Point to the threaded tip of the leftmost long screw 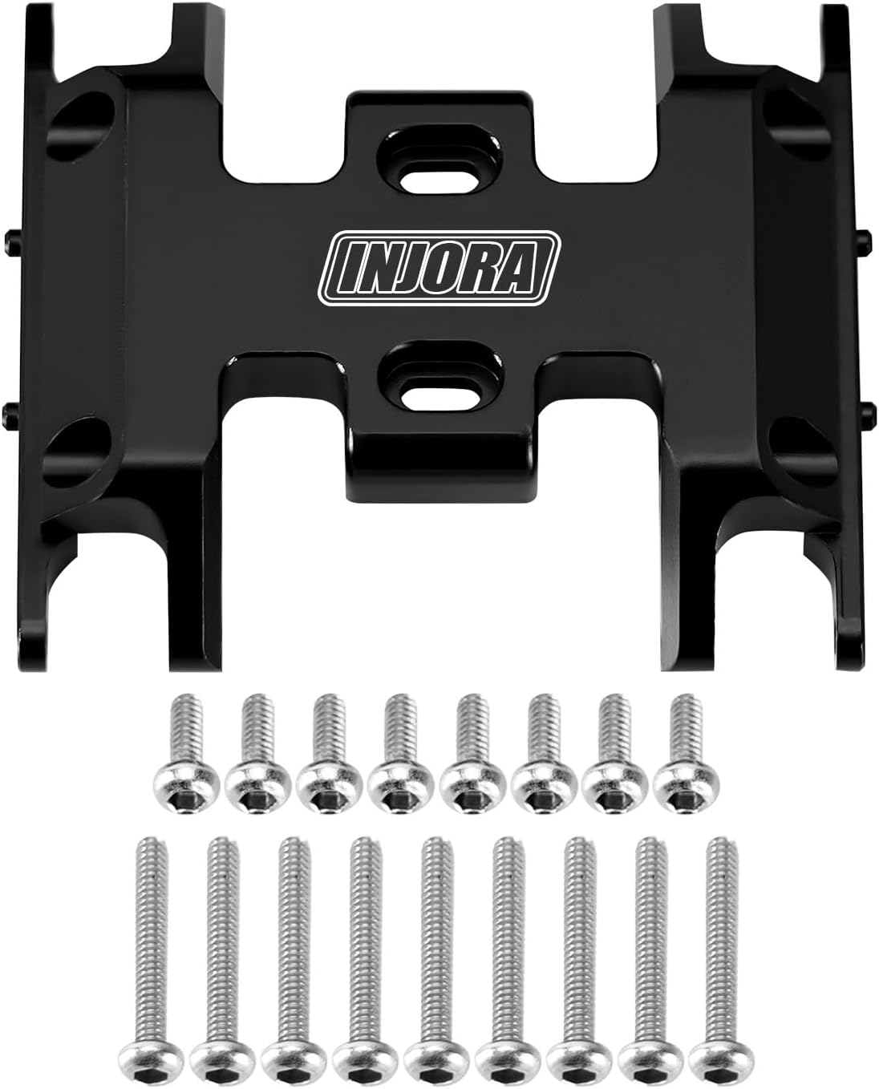coord(151,847)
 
